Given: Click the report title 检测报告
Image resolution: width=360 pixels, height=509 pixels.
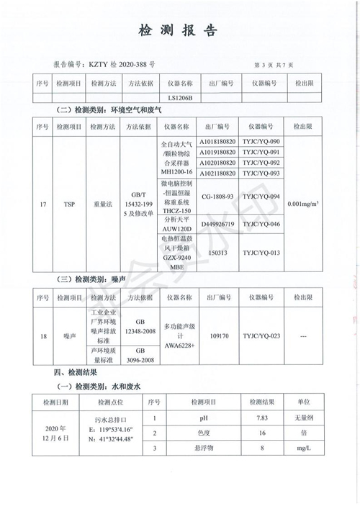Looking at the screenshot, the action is pyautogui.click(x=178, y=31).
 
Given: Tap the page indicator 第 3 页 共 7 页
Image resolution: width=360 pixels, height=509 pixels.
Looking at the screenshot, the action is pyautogui.click(x=274, y=65).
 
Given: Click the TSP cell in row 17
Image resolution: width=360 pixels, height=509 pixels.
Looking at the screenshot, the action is pyautogui.click(x=69, y=204).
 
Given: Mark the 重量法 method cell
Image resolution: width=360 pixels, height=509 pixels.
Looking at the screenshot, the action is pyautogui.click(x=103, y=204).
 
